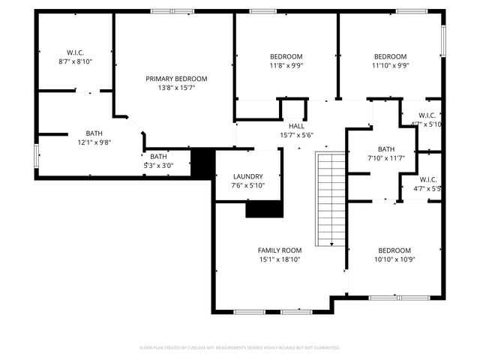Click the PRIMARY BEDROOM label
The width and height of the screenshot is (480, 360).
pyautogui.click(x=176, y=79)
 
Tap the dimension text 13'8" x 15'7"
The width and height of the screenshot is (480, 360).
pyautogui.click(x=176, y=88)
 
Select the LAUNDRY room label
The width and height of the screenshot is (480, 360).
pyautogui.click(x=247, y=176)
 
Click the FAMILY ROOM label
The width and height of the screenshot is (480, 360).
pyautogui.click(x=280, y=250)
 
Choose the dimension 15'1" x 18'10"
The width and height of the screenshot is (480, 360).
pyautogui.click(x=280, y=259)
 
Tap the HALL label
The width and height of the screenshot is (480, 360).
pyautogui.click(x=296, y=126)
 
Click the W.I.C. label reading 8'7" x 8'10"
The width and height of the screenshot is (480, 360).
pyautogui.click(x=75, y=52)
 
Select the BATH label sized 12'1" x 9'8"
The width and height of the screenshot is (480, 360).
pyautogui.click(x=94, y=133)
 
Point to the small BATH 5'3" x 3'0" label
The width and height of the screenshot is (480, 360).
pyautogui.click(x=158, y=156)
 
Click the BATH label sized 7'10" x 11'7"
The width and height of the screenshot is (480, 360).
pyautogui.click(x=386, y=148)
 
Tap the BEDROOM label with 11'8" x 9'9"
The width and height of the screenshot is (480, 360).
pyautogui.click(x=286, y=56)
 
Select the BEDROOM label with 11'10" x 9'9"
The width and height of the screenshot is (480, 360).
pyautogui.click(x=390, y=56)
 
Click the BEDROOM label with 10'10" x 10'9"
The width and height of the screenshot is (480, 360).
pyautogui.click(x=394, y=250)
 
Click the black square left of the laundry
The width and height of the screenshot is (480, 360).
pyautogui.click(x=202, y=163)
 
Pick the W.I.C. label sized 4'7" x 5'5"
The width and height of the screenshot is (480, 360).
pyautogui.click(x=427, y=179)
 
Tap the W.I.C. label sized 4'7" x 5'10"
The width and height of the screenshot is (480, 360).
pyautogui.click(x=427, y=115)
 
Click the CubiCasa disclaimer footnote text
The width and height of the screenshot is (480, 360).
pyautogui.click(x=240, y=347)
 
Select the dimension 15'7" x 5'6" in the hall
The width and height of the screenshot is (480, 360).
pyautogui.click(x=296, y=135)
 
